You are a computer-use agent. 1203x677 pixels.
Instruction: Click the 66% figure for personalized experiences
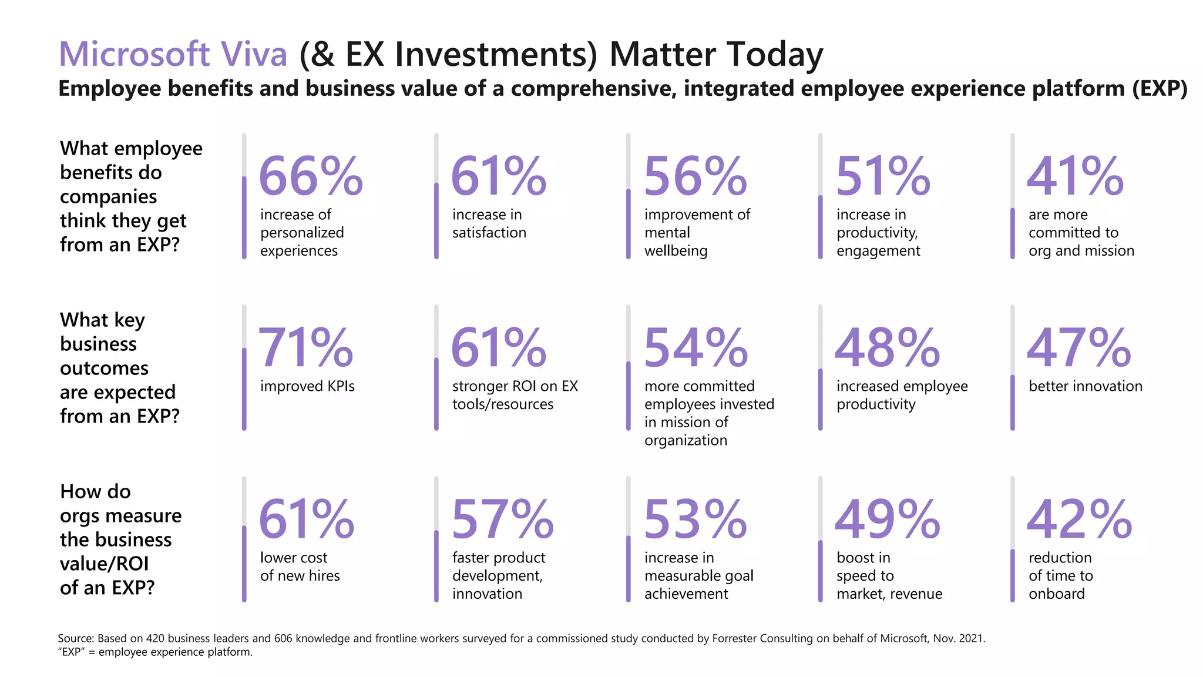pos(311,176)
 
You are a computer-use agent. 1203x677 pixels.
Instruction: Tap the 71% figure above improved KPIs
pos(305,348)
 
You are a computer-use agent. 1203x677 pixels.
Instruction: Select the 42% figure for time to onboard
pos(1079,520)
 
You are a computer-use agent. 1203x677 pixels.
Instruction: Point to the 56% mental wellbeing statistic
pos(695,176)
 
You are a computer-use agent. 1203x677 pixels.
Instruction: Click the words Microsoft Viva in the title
pos(173,54)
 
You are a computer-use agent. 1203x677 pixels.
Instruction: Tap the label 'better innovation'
pos(1086,386)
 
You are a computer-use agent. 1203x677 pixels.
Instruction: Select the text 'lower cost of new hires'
pos(300,567)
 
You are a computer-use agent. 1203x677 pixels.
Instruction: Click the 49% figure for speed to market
pos(887,520)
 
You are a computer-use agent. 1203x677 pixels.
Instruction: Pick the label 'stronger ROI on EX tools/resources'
pos(515,395)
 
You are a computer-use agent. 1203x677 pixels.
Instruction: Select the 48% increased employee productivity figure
pos(887,348)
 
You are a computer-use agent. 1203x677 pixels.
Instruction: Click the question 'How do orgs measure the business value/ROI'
pos(120,539)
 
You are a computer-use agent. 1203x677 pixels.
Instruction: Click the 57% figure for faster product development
pos(503,520)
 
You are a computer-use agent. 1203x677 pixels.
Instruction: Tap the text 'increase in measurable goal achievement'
pos(698,575)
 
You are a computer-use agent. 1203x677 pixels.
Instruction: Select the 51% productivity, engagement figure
pos(883,176)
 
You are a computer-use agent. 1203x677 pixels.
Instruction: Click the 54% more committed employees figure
pos(695,348)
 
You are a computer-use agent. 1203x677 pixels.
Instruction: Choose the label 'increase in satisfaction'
pos(489,223)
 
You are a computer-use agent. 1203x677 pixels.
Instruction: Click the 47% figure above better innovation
pos(1078,348)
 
